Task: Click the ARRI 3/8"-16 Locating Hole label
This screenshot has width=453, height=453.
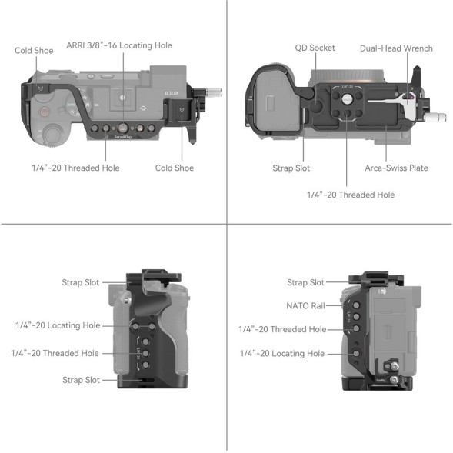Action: (x=118, y=45)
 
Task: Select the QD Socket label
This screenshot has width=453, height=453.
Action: (x=315, y=48)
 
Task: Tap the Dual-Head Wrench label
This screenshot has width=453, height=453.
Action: (x=395, y=48)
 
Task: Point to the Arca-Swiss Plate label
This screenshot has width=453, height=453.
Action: (x=396, y=168)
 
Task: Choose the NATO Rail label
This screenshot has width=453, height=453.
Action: (x=305, y=305)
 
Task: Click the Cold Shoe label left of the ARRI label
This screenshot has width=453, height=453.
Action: (x=34, y=51)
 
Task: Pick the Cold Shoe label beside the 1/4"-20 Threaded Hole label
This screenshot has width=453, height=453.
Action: (x=174, y=168)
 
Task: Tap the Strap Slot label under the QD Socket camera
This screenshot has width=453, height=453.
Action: (x=291, y=168)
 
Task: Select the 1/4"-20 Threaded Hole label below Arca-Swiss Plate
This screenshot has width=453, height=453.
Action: (x=351, y=195)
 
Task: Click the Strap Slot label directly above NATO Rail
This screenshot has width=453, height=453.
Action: (x=305, y=282)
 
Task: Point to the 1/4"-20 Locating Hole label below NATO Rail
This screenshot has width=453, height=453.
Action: (x=282, y=353)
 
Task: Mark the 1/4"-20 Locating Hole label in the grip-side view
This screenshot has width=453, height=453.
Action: (x=58, y=325)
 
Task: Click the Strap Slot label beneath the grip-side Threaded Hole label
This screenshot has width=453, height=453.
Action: (x=81, y=380)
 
